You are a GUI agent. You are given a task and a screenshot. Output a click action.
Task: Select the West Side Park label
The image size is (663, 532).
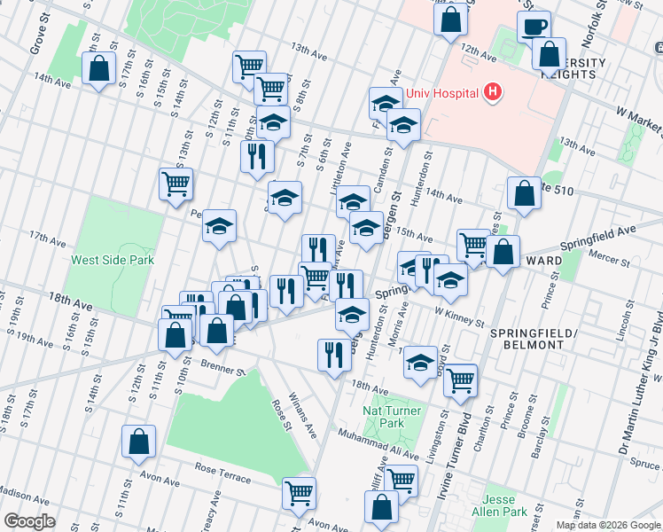[113, 260]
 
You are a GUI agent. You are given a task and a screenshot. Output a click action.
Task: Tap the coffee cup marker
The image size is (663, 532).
[534, 27]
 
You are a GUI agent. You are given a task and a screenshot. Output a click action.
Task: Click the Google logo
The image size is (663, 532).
[28, 521]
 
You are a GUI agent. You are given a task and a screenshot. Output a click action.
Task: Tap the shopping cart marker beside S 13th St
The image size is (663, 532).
[175, 184]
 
